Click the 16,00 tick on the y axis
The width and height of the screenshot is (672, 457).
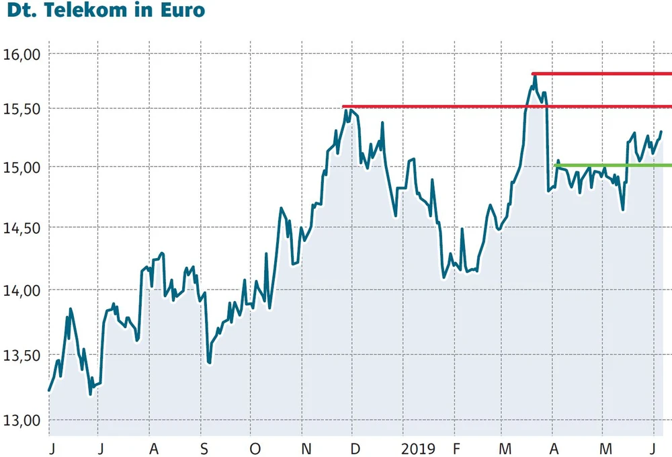(x=22, y=54)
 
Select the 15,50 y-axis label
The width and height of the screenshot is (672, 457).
(x=22, y=109)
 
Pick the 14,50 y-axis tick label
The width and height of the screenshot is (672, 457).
(x=22, y=229)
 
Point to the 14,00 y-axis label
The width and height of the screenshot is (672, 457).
(x=22, y=290)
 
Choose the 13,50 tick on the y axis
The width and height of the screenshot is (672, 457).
(x=22, y=356)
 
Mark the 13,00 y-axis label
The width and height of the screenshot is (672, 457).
(x=22, y=421)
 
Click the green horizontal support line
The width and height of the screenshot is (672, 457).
(x=612, y=165)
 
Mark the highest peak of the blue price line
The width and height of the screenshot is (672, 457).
(x=535, y=77)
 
